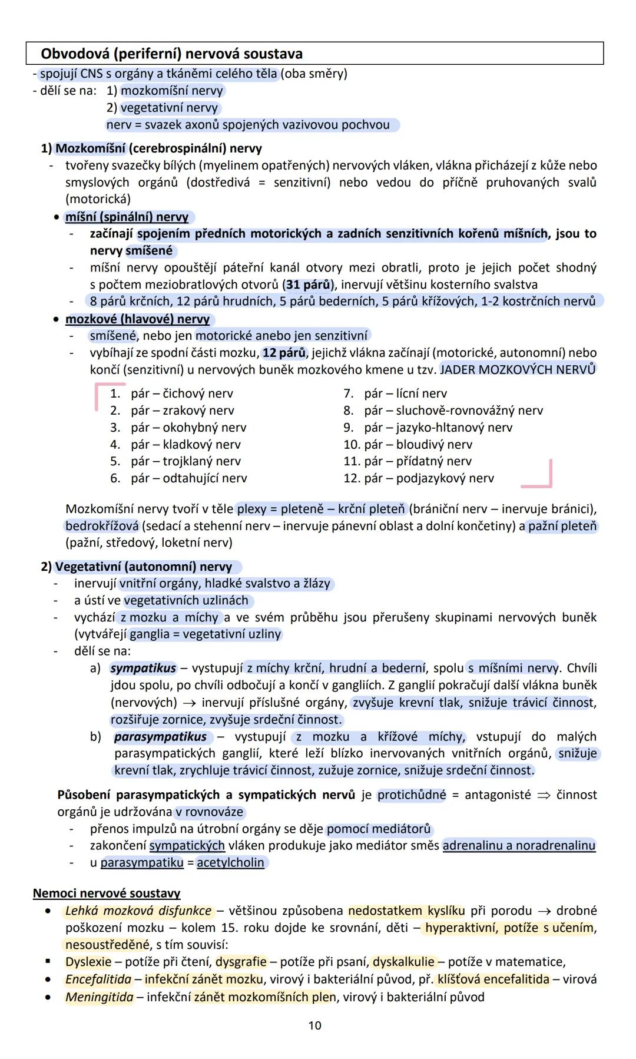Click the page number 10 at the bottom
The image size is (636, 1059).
tap(315, 1025)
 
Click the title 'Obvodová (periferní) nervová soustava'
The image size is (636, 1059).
tap(171, 54)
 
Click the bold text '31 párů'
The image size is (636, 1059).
tap(308, 284)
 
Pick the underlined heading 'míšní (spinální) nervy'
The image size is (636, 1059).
tap(127, 217)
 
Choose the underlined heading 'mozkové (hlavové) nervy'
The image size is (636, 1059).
tap(137, 319)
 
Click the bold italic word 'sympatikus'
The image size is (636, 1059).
tap(143, 668)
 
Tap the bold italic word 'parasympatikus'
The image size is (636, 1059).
tap(160, 736)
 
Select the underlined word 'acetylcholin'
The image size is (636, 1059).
tap(230, 862)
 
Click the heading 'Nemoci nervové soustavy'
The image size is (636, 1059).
tap(107, 893)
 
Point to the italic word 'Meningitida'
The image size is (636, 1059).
tap(99, 997)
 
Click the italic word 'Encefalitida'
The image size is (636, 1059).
tap(98, 979)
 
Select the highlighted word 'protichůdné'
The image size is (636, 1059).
tap(412, 795)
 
